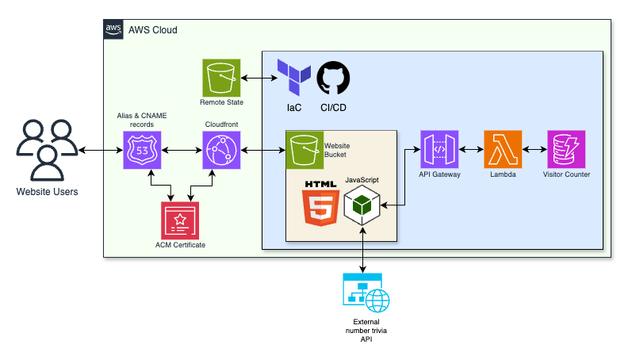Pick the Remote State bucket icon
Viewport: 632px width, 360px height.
(x=221, y=78)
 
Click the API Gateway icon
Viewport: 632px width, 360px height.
(x=439, y=150)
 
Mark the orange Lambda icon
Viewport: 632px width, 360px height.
(x=503, y=150)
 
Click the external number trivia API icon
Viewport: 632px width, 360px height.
(x=362, y=294)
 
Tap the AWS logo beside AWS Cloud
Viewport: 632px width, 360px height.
(x=113, y=29)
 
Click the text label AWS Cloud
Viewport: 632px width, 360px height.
(x=153, y=29)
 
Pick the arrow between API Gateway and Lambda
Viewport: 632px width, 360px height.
(x=471, y=150)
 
